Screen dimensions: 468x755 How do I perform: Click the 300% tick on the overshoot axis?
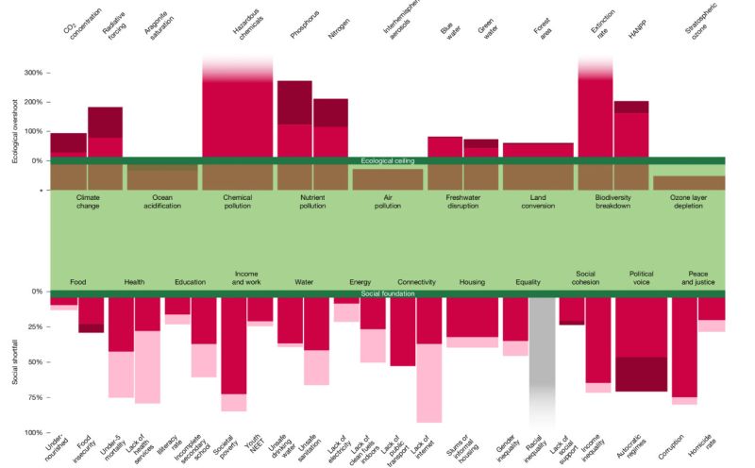coord(32,73)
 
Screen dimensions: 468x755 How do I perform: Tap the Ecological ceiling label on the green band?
coord(388,161)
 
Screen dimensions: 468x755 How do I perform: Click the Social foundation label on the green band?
coord(388,294)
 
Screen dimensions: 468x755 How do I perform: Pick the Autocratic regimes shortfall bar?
coord(641,344)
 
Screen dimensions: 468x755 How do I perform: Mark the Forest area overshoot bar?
coord(538,149)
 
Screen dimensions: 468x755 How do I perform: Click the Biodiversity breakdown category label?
coord(613,201)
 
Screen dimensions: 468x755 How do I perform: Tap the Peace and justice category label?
coord(698,277)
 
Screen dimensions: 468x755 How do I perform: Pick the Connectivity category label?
coord(416,282)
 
